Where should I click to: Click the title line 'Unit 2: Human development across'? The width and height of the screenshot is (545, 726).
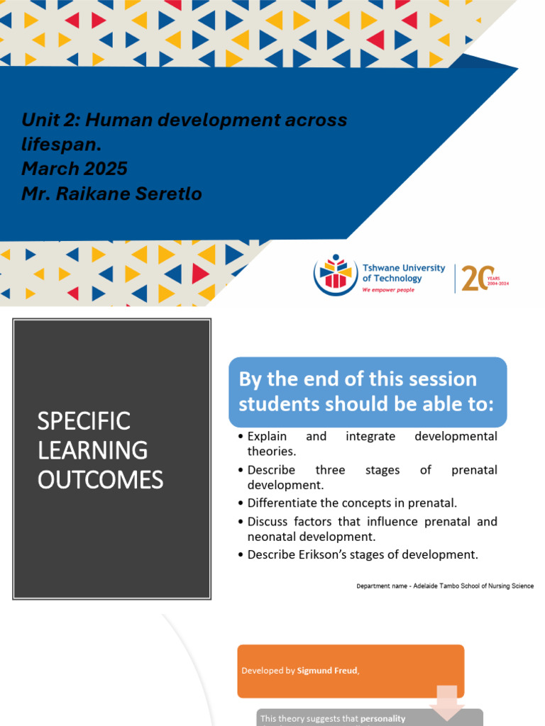(x=185, y=120)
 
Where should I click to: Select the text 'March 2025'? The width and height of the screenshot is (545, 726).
(x=75, y=169)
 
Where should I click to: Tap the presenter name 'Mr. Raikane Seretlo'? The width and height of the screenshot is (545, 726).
(x=111, y=194)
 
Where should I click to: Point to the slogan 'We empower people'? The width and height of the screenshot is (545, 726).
(x=388, y=290)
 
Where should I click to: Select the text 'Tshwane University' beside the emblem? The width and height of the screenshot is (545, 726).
(x=403, y=268)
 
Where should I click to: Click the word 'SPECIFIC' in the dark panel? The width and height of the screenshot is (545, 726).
(x=84, y=420)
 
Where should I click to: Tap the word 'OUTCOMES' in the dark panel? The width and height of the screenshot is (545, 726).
(x=100, y=480)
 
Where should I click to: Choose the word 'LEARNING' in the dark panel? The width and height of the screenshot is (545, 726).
(x=92, y=450)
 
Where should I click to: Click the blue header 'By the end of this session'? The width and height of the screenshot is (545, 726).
(x=358, y=379)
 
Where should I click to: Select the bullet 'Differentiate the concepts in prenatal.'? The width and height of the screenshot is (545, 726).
(x=352, y=503)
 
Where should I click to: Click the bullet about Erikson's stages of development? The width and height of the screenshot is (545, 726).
(x=362, y=554)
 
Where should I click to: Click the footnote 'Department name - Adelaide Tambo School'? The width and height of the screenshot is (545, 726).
(x=444, y=586)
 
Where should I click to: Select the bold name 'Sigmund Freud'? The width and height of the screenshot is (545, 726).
(x=327, y=670)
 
